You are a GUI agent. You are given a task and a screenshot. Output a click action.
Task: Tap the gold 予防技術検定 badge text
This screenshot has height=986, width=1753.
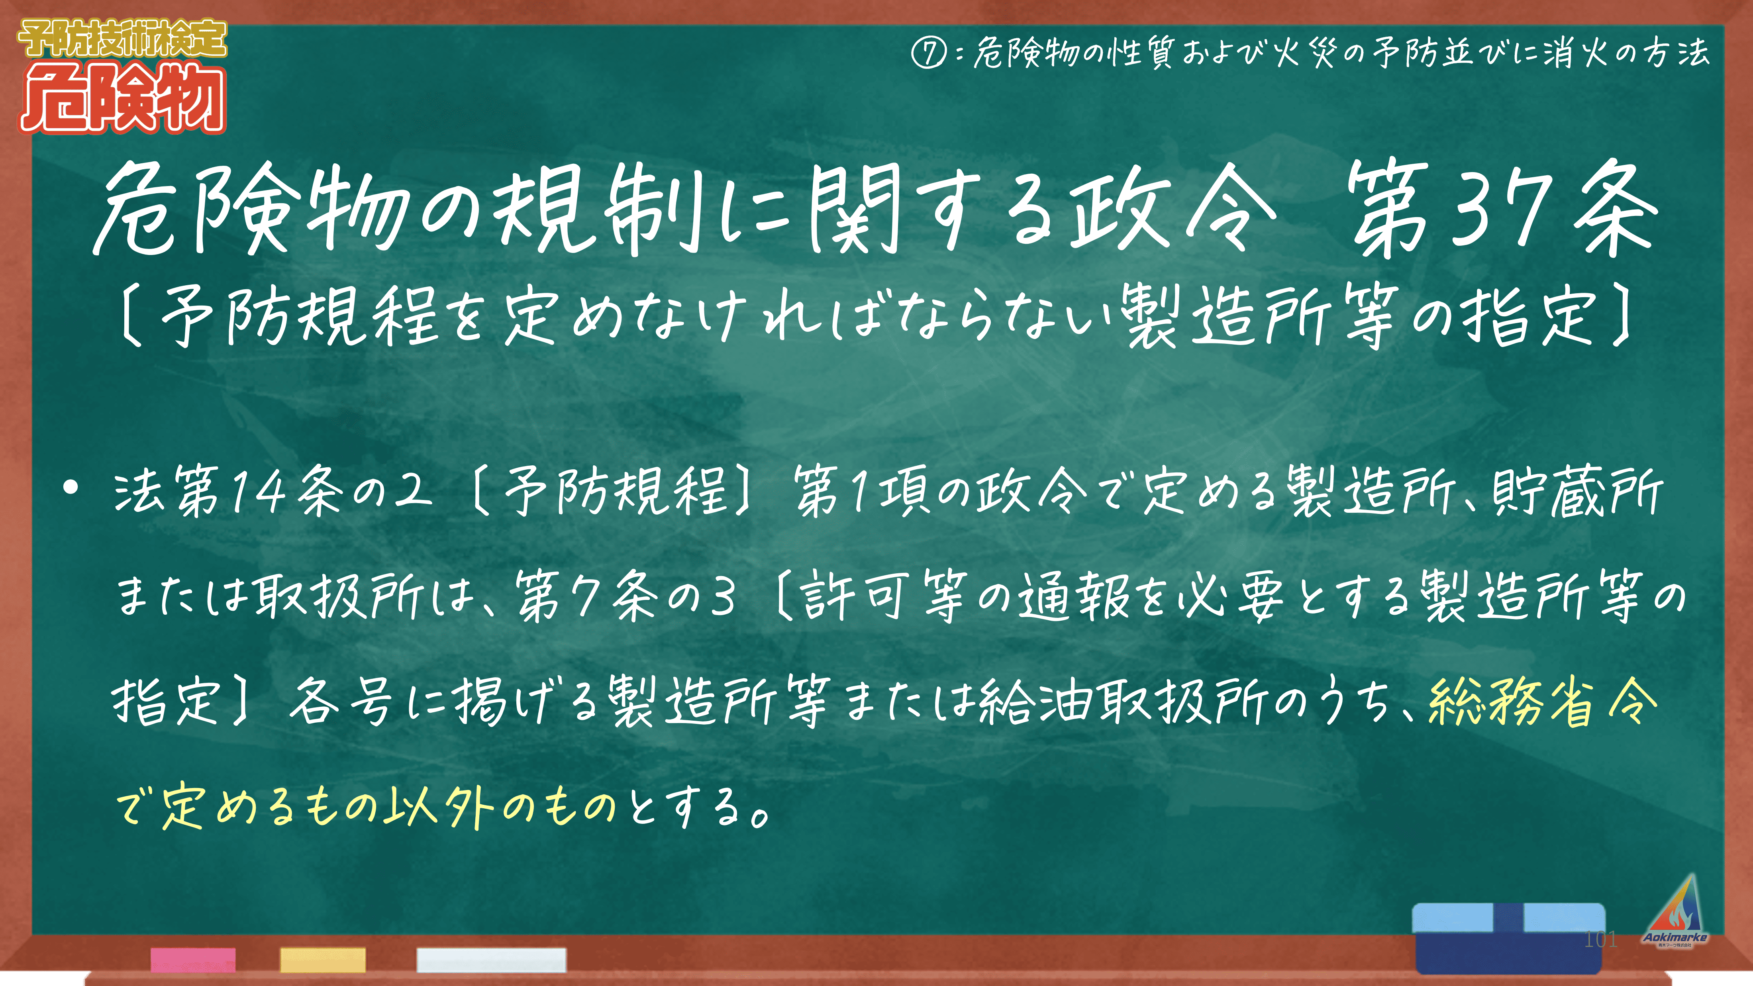[122, 39]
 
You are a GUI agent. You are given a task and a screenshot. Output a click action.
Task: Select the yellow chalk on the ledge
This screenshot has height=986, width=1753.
[323, 959]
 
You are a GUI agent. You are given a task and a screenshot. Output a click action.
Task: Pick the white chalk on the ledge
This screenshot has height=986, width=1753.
[491, 959]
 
